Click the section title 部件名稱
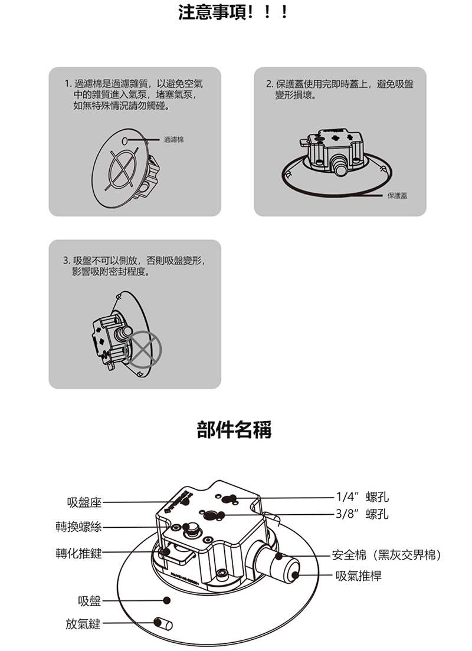tap(234, 430)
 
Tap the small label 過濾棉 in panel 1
tap(173, 140)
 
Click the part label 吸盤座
tap(84, 502)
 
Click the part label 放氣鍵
tap(83, 624)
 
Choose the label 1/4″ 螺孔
tap(362, 497)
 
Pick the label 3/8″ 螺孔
tap(362, 514)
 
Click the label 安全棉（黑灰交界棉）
tap(387, 555)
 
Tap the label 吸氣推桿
tap(358, 576)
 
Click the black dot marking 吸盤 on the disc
tap(167, 600)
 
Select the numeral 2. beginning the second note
tap(270, 84)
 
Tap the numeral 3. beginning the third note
tap(66, 260)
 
